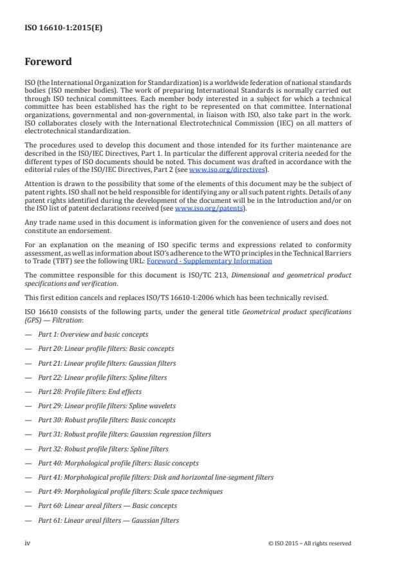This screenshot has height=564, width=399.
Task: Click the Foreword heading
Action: tap(48, 62)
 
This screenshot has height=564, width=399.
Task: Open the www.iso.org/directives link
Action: tap(222, 169)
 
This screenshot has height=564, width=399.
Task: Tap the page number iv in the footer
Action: tap(28, 543)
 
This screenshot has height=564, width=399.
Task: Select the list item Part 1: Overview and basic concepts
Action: tap(93, 334)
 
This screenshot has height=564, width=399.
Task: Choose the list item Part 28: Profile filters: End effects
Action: tap(89, 391)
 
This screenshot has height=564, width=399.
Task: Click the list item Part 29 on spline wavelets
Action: tap(106, 406)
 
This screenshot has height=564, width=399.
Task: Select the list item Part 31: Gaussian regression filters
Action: tap(124, 434)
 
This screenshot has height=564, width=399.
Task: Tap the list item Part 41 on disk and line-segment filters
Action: tap(156, 477)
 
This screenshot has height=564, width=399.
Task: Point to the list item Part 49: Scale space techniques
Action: tap(130, 491)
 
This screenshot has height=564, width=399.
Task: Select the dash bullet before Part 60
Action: tap(28, 506)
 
